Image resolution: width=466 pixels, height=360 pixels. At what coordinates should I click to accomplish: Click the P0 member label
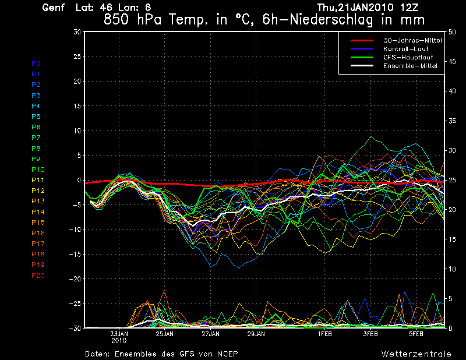pyautogui.click(x=36, y=63)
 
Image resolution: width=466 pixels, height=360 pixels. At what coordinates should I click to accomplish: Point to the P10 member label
pyautogui.click(x=38, y=170)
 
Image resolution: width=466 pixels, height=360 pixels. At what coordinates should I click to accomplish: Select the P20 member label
pyautogui.click(x=38, y=276)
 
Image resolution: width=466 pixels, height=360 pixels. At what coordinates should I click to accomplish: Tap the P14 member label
pyautogui.click(x=38, y=212)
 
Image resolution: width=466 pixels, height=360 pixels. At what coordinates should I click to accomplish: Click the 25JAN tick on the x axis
pyautogui.click(x=165, y=335)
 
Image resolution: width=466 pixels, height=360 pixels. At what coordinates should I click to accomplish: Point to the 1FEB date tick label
pyautogui.click(x=325, y=335)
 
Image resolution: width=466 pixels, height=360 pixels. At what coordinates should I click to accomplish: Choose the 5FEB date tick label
pyautogui.click(x=416, y=335)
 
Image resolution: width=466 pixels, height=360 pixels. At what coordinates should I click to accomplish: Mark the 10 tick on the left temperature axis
pyautogui.click(x=76, y=131)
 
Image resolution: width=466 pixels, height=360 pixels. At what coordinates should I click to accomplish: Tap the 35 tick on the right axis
pyautogui.click(x=451, y=121)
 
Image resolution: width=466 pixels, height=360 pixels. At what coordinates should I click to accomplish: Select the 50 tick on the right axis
pyautogui.click(x=451, y=32)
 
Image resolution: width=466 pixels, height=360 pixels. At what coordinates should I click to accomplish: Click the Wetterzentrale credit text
pyautogui.click(x=416, y=354)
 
